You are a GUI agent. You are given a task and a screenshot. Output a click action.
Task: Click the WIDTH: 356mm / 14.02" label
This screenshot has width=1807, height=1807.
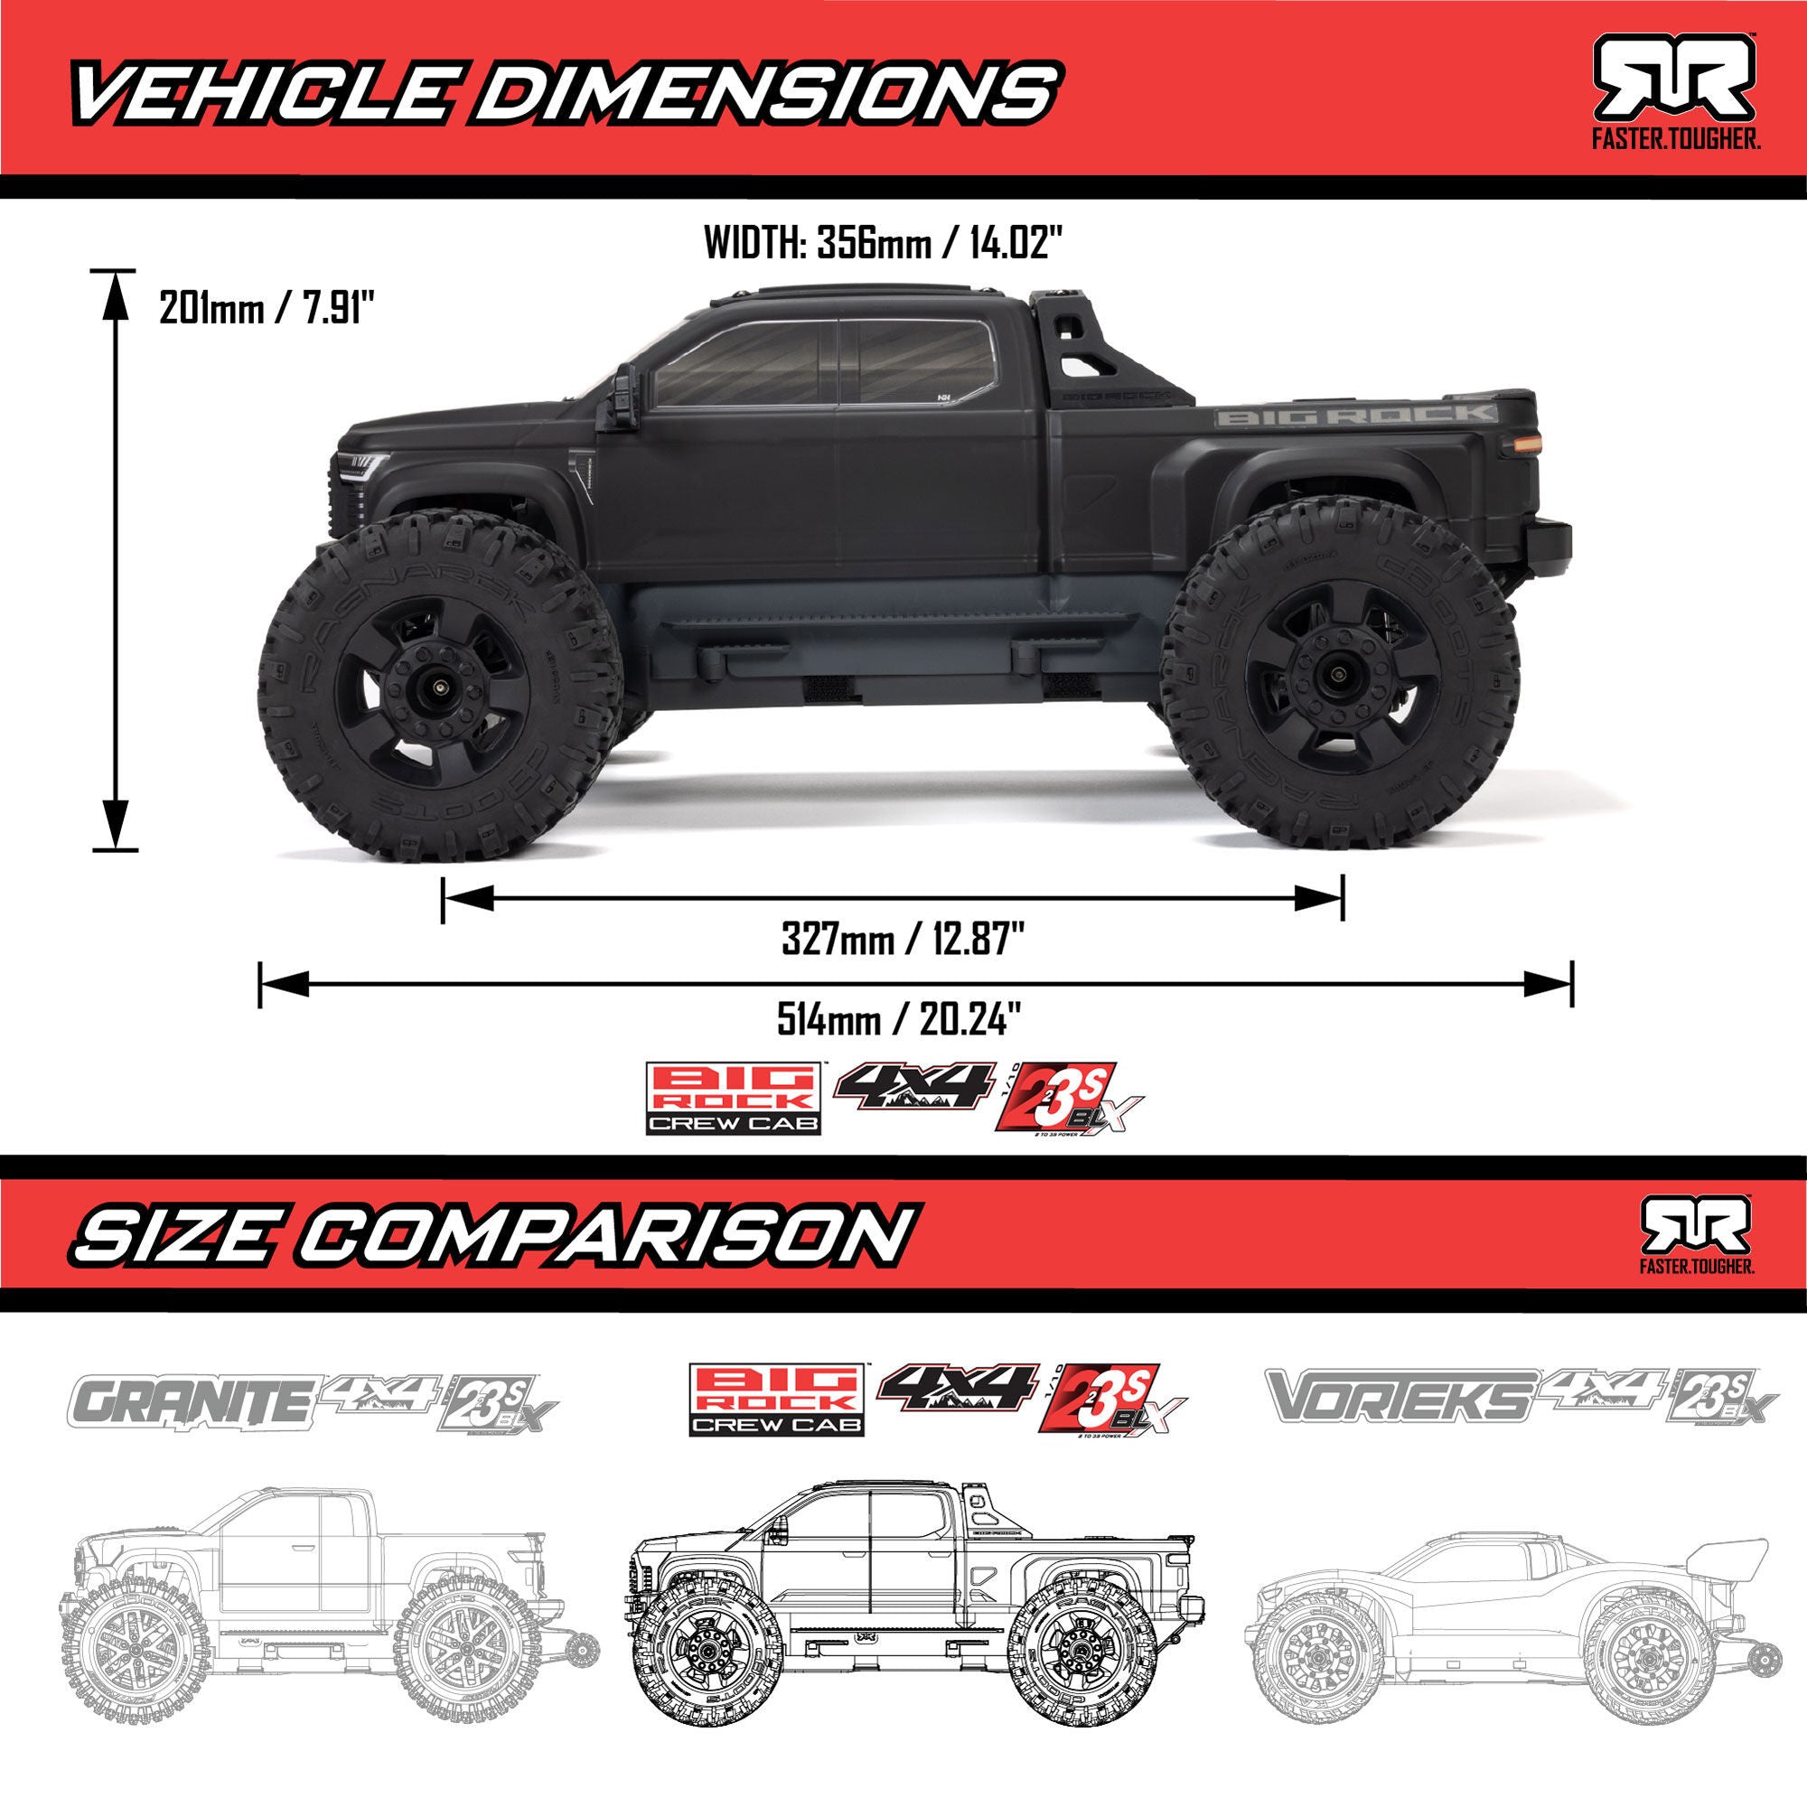tap(884, 245)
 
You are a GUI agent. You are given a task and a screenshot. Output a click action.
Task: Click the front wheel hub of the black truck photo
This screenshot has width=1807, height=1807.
tap(439, 688)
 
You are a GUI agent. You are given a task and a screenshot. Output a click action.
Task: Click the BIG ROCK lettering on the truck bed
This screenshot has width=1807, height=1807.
tap(1355, 416)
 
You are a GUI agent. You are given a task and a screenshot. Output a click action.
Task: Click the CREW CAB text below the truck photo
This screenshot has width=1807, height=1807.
tap(733, 1123)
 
